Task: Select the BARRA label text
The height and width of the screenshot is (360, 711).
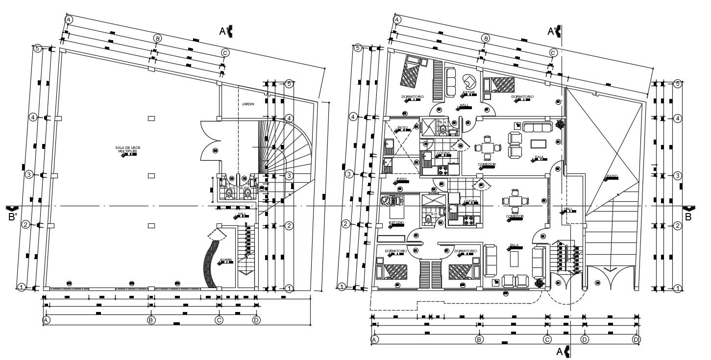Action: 226,260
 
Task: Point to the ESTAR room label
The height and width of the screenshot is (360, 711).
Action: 468,93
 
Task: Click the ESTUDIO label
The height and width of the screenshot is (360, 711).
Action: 396,223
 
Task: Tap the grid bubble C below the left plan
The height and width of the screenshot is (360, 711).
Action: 219,320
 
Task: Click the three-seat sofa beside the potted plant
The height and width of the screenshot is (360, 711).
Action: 537,127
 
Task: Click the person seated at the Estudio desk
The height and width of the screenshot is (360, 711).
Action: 388,200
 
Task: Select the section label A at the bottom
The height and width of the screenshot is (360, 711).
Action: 560,351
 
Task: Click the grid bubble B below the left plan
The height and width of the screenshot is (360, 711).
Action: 151,320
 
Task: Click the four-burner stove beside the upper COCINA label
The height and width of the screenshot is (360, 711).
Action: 442,170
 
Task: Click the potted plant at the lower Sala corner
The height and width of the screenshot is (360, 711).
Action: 539,283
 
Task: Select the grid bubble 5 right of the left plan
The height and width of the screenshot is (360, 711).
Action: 289,84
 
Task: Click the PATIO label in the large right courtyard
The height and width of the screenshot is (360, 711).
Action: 612,176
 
